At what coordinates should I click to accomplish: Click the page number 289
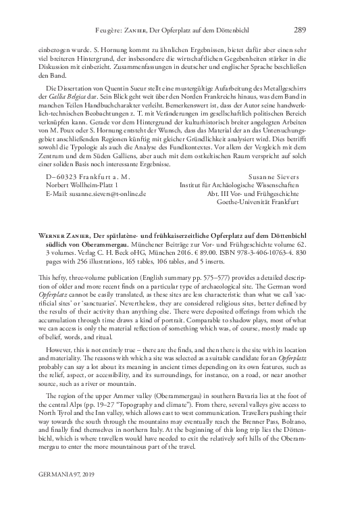[x=301, y=10]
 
